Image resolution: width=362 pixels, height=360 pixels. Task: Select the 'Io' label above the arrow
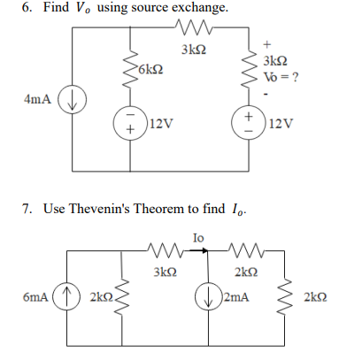pyautogui.click(x=198, y=237)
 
